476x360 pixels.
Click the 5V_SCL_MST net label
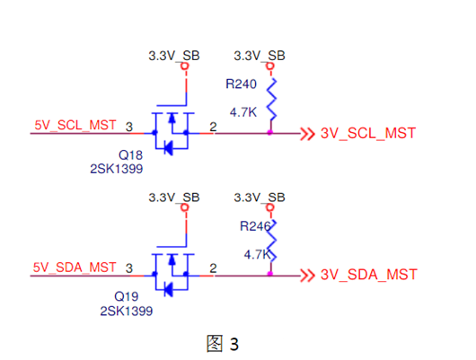point(75,126)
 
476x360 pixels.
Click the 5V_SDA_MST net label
point(75,267)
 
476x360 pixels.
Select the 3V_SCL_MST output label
point(367,135)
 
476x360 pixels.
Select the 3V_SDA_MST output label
point(368,275)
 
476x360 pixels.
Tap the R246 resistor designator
point(254,226)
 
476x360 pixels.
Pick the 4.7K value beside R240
point(245,113)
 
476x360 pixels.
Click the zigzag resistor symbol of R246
point(270,238)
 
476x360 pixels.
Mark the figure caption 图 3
point(224,343)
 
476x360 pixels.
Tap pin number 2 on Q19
point(213,267)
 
